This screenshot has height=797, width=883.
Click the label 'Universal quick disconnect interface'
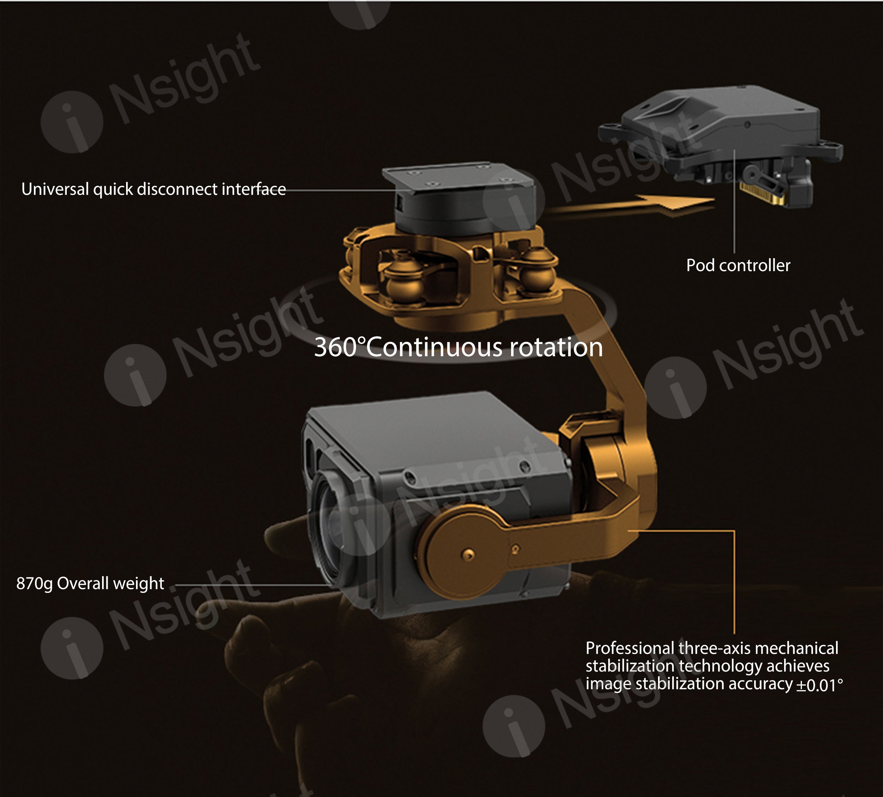(x=153, y=190)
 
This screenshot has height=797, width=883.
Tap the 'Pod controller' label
(x=738, y=266)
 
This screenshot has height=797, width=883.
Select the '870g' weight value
(x=34, y=584)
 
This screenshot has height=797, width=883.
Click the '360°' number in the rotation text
(x=339, y=347)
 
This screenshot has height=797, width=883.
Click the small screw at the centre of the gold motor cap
(x=468, y=554)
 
